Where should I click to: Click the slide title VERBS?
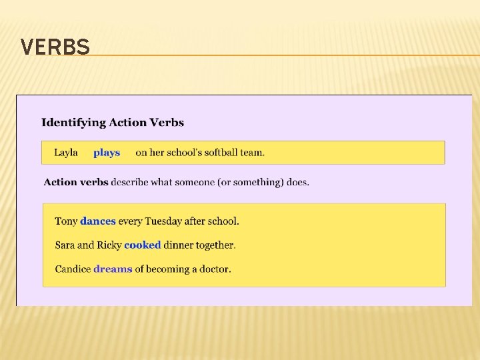click(x=55, y=47)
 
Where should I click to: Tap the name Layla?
click(x=66, y=153)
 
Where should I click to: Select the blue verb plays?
click(x=107, y=153)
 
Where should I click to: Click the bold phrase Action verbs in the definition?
click(x=76, y=182)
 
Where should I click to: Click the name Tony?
click(x=66, y=221)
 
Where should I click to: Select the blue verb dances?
click(x=98, y=221)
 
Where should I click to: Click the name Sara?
click(x=65, y=245)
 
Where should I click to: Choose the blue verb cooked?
click(x=143, y=245)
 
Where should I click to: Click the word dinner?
click(x=179, y=245)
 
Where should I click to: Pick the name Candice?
click(x=73, y=269)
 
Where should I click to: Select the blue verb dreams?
click(x=113, y=269)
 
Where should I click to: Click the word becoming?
click(x=167, y=269)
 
